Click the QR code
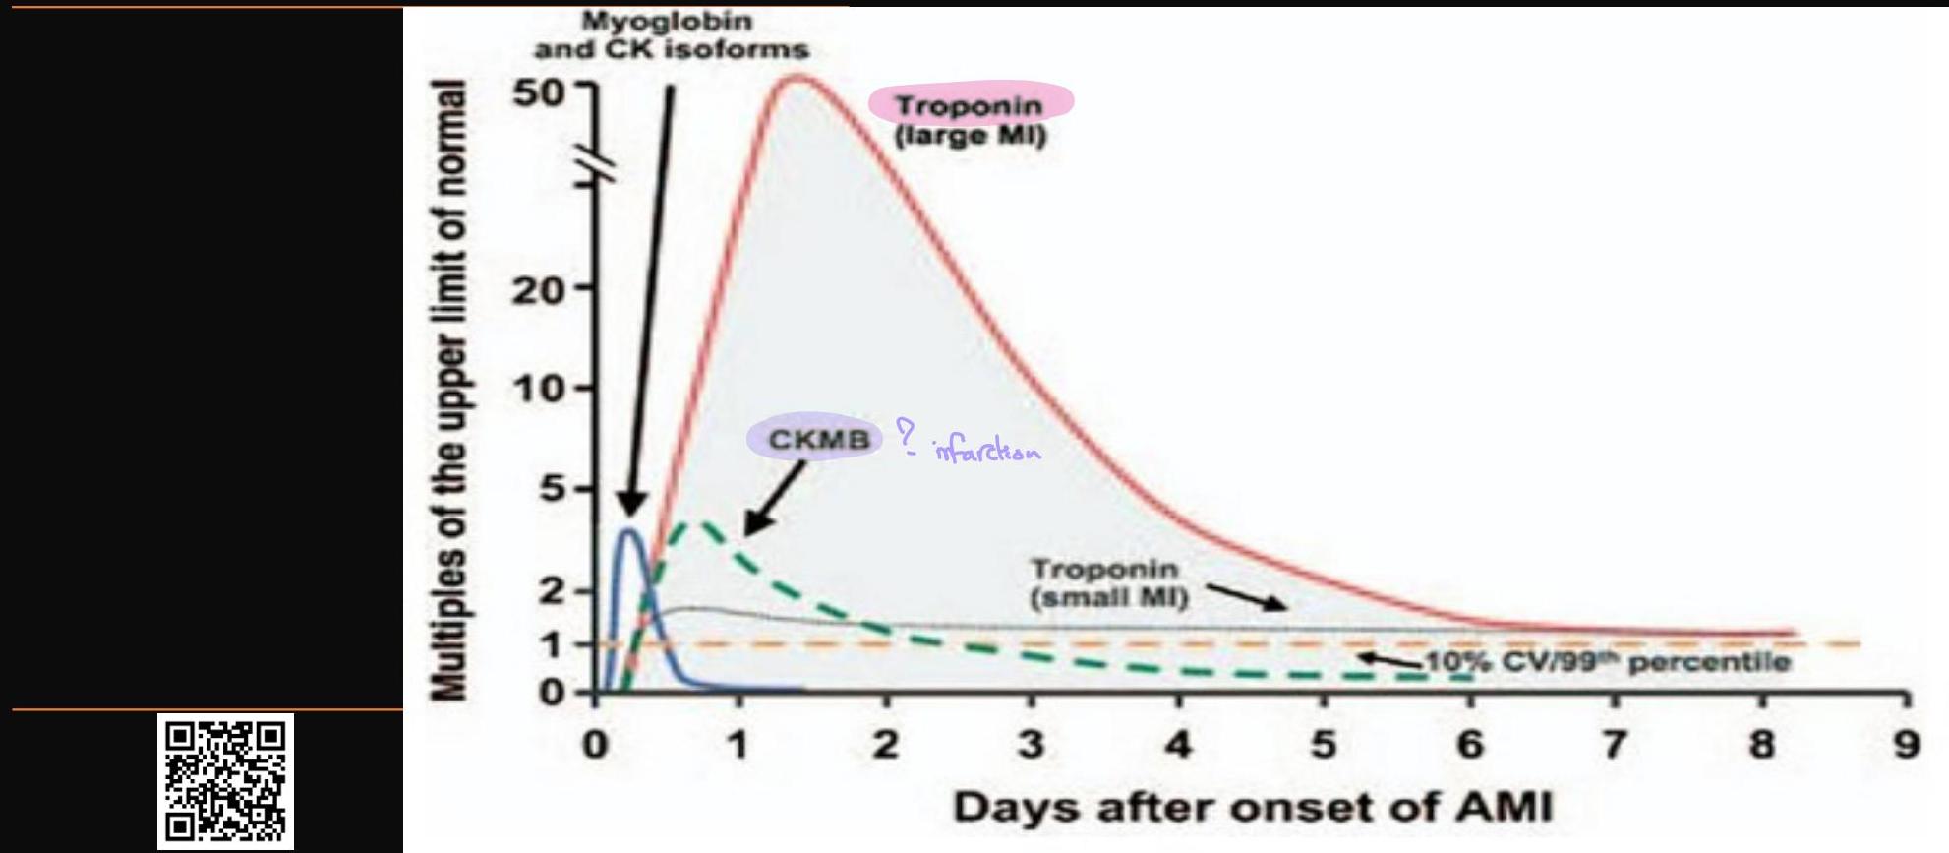(x=225, y=781)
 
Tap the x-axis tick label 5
(x=1324, y=745)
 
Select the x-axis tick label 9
(x=1906, y=745)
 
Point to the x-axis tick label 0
(x=594, y=745)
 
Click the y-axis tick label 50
(x=538, y=92)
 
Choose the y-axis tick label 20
(x=538, y=290)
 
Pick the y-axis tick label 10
(x=538, y=390)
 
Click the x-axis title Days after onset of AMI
(x=1252, y=808)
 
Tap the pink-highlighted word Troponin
(x=969, y=104)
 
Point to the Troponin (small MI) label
(x=1108, y=582)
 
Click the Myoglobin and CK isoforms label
(x=672, y=34)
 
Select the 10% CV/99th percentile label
(x=1608, y=661)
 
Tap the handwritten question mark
(x=905, y=436)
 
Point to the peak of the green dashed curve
(x=700, y=523)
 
